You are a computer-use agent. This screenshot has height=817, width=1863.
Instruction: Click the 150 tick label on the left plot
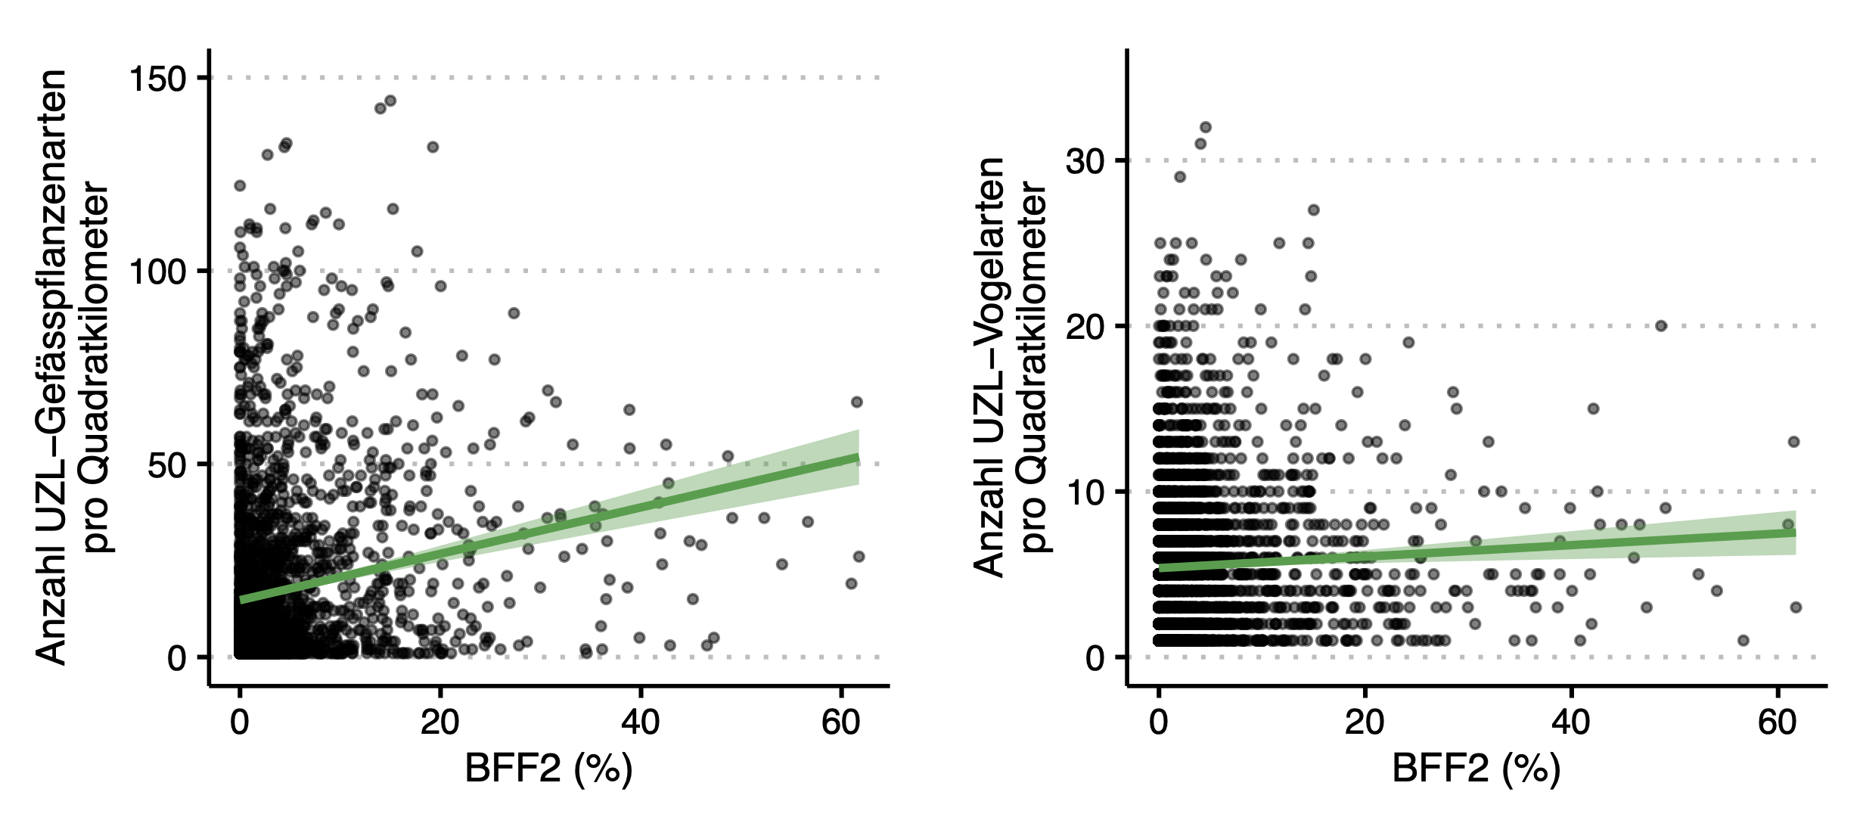coord(157,79)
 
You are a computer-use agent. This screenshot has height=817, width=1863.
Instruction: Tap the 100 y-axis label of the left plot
coord(157,272)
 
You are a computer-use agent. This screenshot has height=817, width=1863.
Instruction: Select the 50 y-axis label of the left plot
coord(167,465)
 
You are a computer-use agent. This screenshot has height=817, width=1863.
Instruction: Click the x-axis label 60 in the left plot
coord(840,723)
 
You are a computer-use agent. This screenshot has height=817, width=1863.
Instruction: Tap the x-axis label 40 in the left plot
coord(640,723)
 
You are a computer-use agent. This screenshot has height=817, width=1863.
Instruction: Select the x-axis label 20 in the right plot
coord(1365,723)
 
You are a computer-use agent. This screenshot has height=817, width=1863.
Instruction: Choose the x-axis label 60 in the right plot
coord(1777,723)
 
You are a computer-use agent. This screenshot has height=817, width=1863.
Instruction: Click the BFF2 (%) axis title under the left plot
coord(548,769)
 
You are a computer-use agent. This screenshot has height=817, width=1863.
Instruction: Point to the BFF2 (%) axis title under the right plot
coord(1476,769)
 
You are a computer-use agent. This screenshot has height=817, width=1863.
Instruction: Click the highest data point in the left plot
coord(390,101)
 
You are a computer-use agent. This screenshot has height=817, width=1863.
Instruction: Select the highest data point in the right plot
coord(1206,127)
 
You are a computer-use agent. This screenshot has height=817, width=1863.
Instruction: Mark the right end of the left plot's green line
coord(858,457)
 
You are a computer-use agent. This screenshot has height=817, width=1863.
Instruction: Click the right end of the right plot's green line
coord(1794,533)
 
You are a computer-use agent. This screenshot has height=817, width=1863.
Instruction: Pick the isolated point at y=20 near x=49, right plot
coord(1661,326)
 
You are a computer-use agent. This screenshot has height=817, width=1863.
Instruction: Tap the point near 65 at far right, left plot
coord(857,402)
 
